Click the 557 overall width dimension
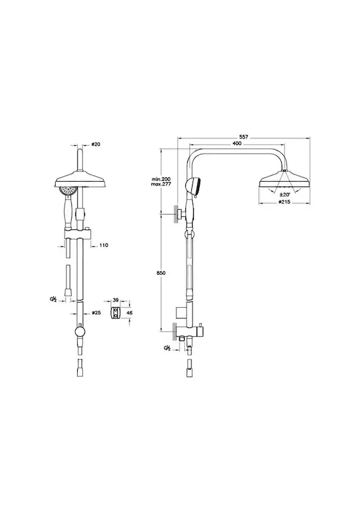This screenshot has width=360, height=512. [244, 138]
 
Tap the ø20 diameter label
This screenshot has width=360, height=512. [96, 144]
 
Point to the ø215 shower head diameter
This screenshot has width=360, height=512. [285, 202]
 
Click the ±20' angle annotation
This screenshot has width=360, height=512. [285, 194]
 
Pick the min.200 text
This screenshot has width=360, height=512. [160, 180]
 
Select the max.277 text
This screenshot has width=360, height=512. [160, 185]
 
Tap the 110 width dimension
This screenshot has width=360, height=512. [103, 245]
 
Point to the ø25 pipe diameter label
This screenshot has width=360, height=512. [96, 313]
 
